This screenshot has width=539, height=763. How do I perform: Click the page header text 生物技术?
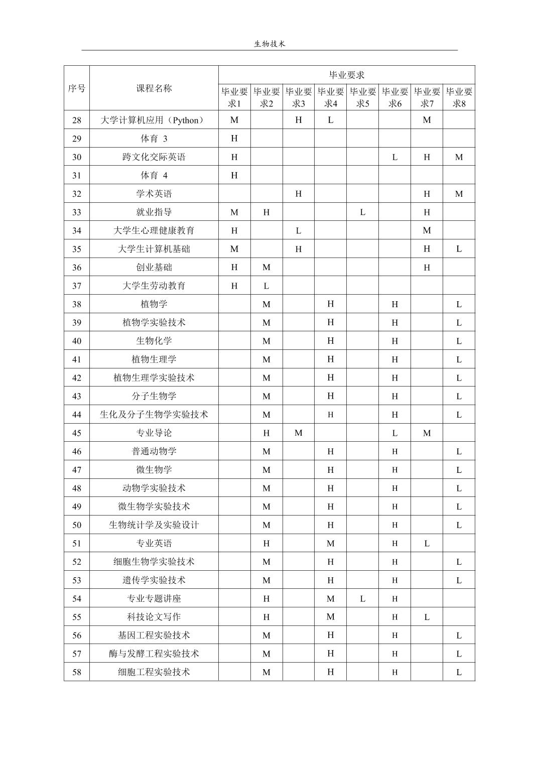coord(270,44)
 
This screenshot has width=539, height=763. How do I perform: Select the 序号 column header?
coord(76,88)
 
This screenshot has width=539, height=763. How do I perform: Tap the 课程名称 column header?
coord(154,88)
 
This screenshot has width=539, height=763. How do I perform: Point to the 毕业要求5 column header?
coord(362,97)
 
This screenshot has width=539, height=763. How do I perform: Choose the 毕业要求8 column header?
coord(459,97)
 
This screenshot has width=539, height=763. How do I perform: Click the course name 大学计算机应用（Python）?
coord(154,120)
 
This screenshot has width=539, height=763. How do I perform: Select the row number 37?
coord(76,286)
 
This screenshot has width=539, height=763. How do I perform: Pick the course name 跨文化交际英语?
coord(154,157)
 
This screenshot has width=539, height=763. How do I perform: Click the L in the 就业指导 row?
coord(362,212)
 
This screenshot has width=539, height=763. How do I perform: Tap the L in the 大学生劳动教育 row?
coord(266,286)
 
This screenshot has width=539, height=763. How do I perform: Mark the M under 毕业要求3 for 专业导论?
coord(298,433)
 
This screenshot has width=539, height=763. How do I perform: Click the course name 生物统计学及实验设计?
coord(154,525)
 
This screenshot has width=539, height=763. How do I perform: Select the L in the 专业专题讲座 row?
coord(362,598)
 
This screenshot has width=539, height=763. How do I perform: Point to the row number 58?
coord(76,672)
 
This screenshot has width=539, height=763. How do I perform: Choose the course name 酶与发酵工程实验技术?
coord(154,654)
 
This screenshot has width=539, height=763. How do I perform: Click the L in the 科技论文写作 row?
coord(427,617)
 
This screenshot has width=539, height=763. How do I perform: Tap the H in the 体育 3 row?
coord(234,139)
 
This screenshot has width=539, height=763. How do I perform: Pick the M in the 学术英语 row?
coord(459,194)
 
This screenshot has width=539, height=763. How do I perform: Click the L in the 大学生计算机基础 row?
coord(459,249)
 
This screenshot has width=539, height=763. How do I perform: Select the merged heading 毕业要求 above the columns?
coord(346,75)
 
